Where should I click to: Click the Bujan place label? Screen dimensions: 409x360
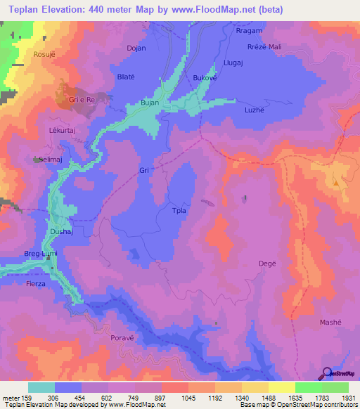coord(150,103)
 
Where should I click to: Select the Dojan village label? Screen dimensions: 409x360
coord(136,48)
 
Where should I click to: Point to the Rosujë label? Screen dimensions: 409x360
coord(44,53)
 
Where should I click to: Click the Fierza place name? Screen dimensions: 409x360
coord(34,283)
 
